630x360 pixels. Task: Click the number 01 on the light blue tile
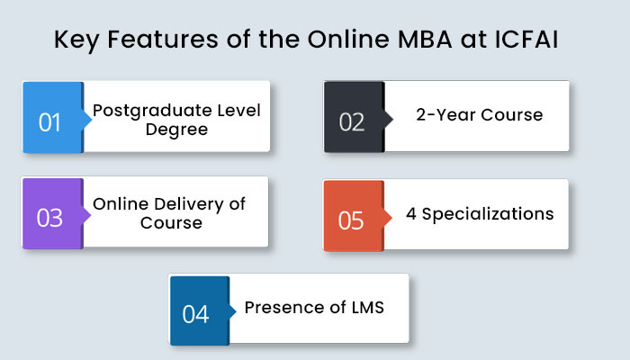(49, 122)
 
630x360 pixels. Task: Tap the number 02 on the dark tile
(352, 122)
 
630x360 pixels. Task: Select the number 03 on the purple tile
(49, 218)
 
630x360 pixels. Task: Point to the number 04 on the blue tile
(195, 314)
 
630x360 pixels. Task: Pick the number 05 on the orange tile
(351, 220)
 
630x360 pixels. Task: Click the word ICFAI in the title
(526, 40)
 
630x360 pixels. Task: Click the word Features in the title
(163, 40)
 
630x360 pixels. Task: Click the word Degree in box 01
(176, 130)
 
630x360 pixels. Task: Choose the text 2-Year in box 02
(446, 115)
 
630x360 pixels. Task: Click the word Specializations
(488, 214)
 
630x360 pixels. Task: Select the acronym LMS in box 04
(367, 308)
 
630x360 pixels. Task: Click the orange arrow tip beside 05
(391, 218)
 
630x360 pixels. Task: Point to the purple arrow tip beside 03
(91, 215)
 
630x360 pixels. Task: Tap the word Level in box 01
(238, 111)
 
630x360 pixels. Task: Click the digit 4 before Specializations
(411, 213)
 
